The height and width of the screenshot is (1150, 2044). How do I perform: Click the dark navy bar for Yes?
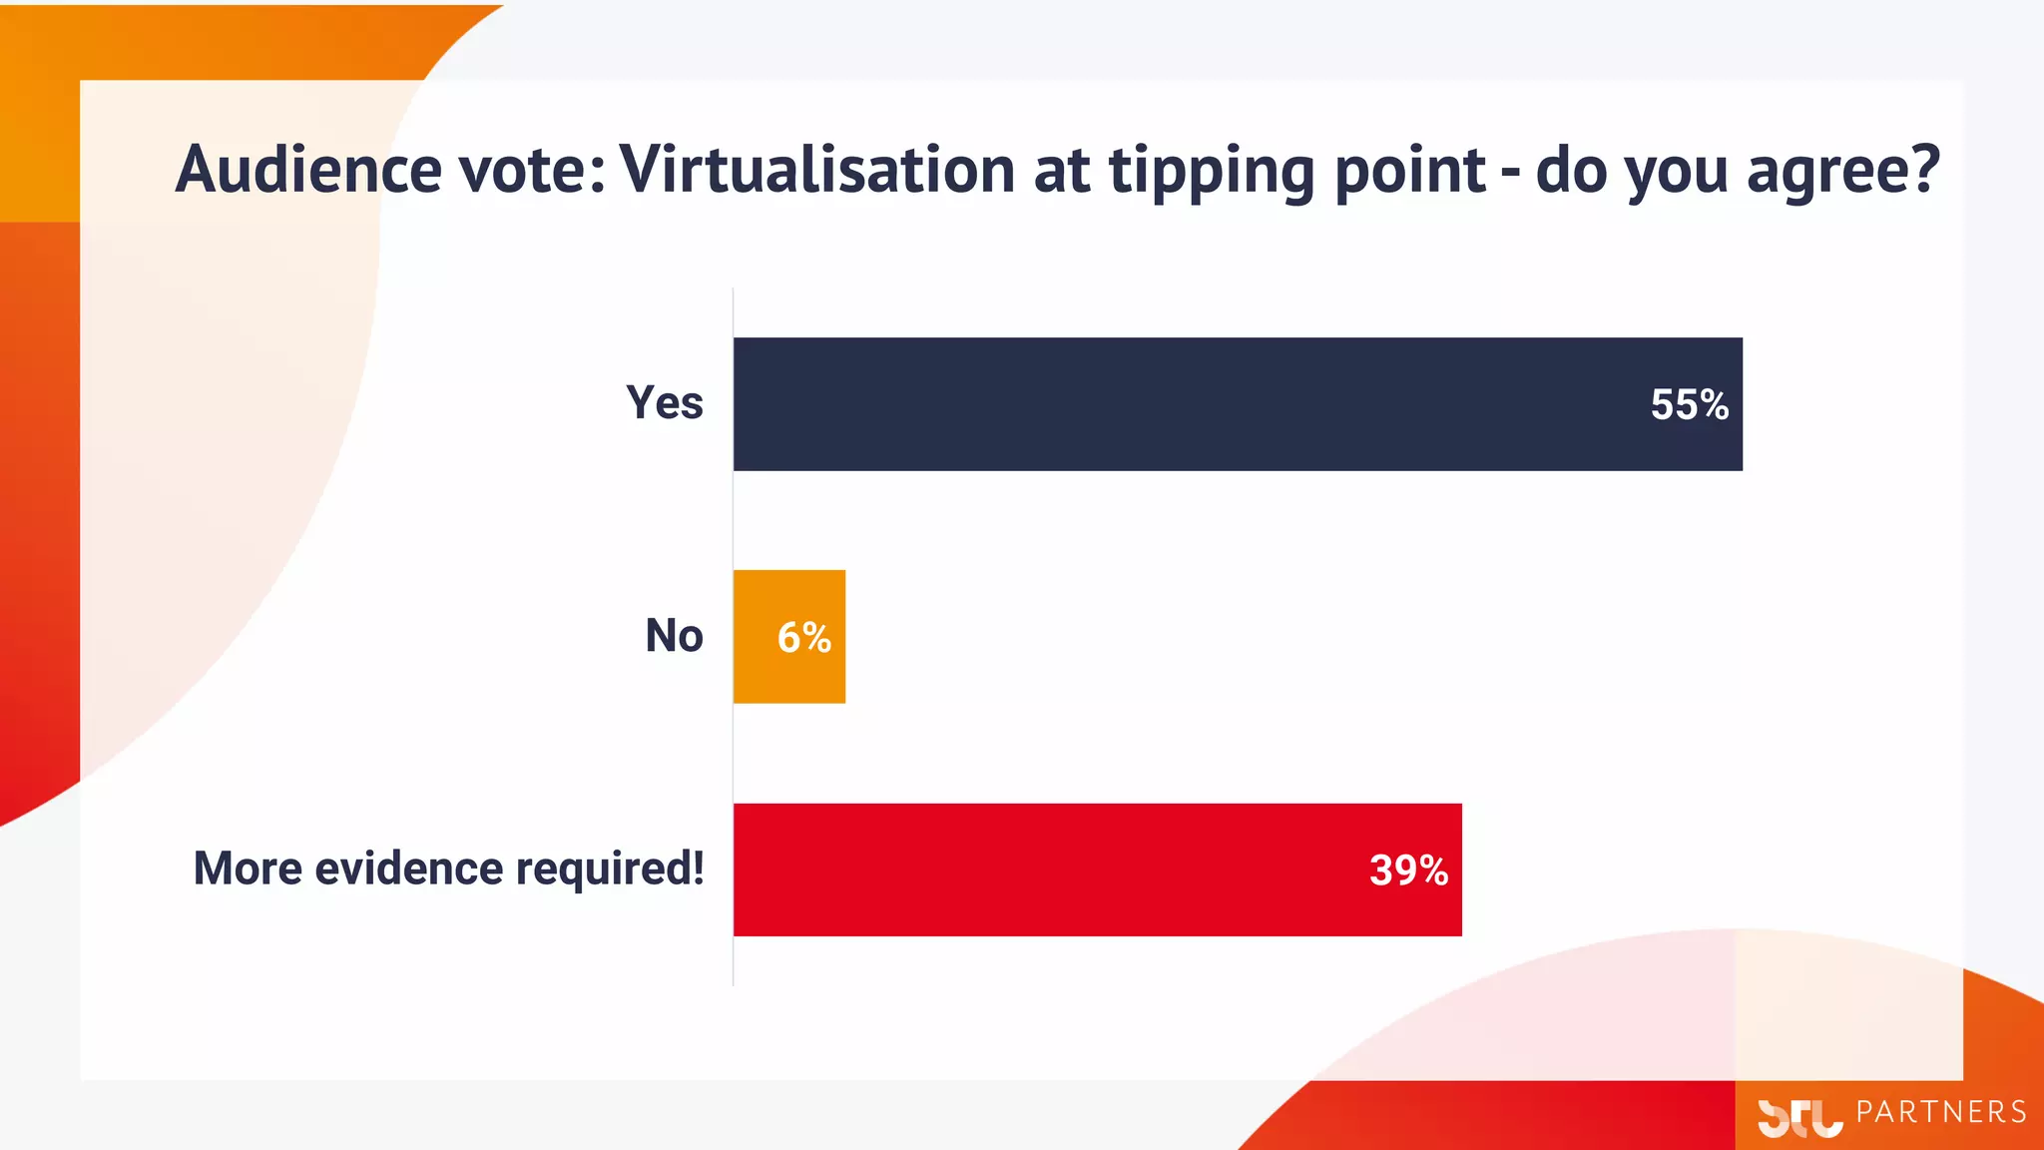click(1198, 404)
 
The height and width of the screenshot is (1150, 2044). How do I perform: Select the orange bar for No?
click(759, 637)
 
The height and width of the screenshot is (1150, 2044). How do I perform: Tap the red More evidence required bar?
click(1048, 869)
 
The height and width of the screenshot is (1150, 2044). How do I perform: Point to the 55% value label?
click(1689, 404)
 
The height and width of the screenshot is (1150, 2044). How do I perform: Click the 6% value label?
click(804, 637)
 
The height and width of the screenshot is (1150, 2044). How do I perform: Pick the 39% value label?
click(1408, 869)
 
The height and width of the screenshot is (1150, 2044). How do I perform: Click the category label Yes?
click(665, 403)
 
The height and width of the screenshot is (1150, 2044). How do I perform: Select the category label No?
click(674, 636)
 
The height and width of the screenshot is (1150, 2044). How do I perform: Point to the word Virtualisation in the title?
click(817, 169)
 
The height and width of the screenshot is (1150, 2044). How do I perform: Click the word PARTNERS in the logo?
click(1941, 1112)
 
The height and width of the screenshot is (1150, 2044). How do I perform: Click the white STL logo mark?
click(1799, 1117)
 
